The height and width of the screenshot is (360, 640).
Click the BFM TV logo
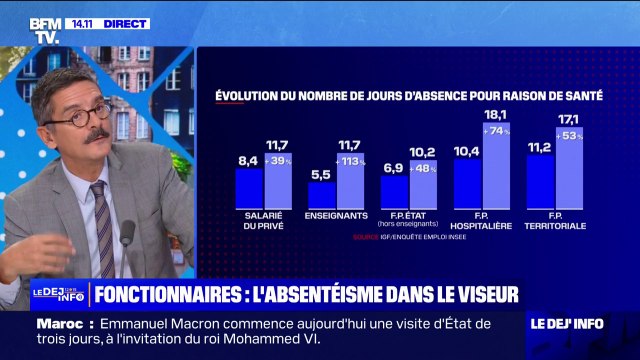[x=46, y=30]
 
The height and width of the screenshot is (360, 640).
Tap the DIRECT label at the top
[x=127, y=23]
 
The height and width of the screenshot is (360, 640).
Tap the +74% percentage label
[x=497, y=131]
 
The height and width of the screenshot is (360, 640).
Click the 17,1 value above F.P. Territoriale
[x=569, y=119]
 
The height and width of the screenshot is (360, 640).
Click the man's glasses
[x=81, y=116]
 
